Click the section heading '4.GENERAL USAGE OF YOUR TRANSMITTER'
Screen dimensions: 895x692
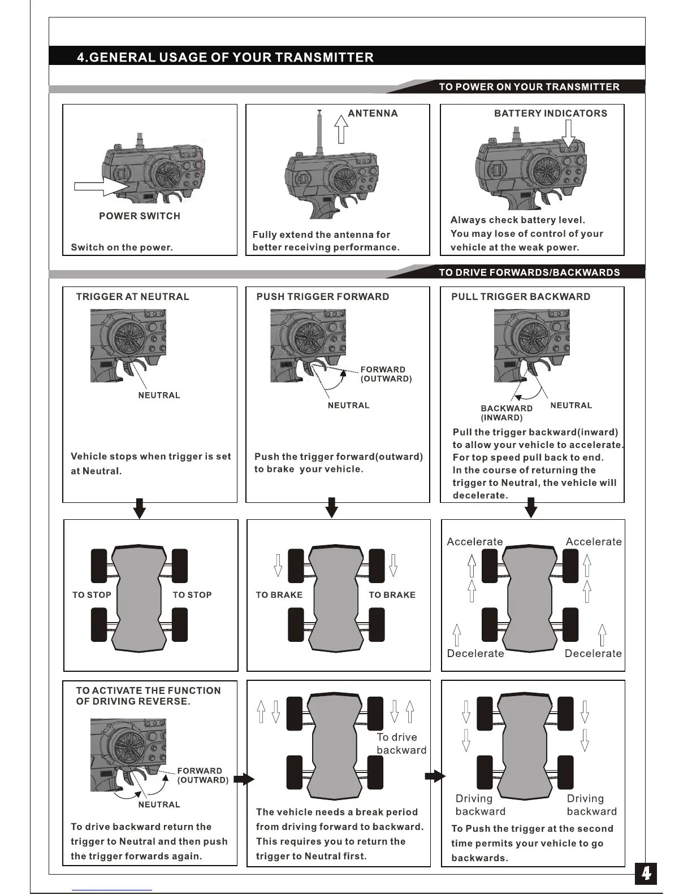point(225,57)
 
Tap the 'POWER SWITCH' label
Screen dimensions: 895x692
point(139,216)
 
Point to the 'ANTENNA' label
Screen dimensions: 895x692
point(373,113)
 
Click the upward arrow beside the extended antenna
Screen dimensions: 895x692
point(340,129)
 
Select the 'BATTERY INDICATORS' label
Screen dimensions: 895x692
point(550,113)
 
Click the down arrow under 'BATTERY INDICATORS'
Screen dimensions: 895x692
point(568,133)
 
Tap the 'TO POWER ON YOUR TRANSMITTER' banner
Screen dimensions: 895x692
point(529,86)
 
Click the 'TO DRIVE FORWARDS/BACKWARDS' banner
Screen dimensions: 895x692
point(529,272)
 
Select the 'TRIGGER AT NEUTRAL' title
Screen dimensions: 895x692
point(132,297)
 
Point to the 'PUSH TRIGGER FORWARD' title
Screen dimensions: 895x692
point(322,297)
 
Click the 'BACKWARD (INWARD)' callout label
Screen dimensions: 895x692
point(506,413)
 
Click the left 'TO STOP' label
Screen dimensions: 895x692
point(92,595)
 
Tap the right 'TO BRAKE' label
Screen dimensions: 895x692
point(392,595)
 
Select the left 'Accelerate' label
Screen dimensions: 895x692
point(474,542)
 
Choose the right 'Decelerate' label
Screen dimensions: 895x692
point(593,654)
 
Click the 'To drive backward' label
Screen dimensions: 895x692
point(401,744)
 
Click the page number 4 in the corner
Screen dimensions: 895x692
point(646,874)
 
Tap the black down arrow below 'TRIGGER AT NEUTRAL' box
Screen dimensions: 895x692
point(139,509)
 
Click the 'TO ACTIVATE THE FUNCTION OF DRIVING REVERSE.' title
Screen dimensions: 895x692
point(148,696)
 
